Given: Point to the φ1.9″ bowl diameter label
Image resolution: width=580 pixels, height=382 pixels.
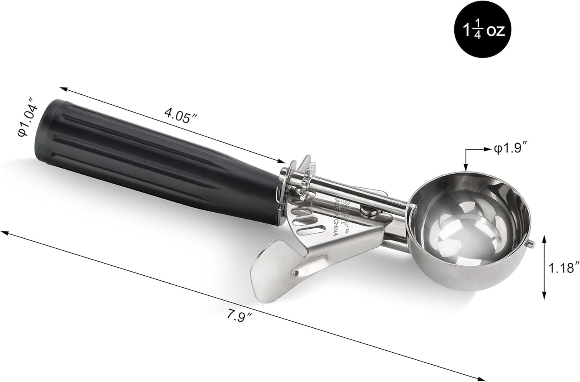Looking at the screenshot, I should [x=510, y=149].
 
